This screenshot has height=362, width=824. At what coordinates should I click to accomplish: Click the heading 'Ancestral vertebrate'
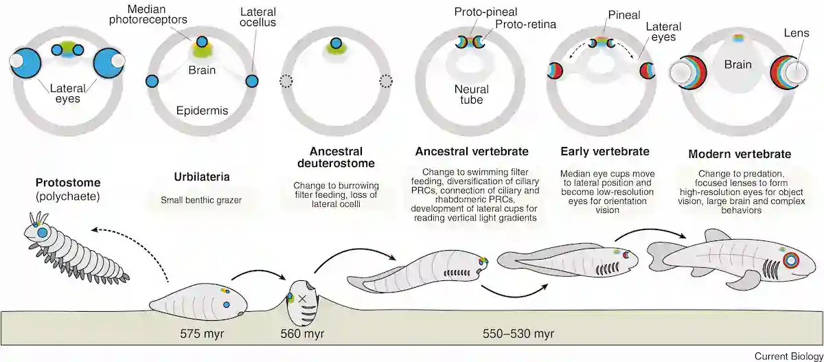coord(472,151)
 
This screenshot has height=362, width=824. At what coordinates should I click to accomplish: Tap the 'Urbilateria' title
coord(202,177)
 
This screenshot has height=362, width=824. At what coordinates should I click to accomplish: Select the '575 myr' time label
coord(202,334)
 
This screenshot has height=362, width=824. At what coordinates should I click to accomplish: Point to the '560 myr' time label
coord(302,334)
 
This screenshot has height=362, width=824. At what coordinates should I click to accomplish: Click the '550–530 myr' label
coord(518,334)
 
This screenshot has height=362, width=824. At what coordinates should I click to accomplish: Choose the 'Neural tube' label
coord(472,95)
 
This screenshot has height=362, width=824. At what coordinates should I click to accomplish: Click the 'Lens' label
coord(797,33)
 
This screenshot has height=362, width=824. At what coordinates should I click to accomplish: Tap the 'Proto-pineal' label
coord(485,12)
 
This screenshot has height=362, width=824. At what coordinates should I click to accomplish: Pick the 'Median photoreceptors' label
coord(148,14)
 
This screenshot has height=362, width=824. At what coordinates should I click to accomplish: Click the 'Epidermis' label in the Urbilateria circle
coord(202,111)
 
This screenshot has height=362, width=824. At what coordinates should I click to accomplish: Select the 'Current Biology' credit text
coord(789,356)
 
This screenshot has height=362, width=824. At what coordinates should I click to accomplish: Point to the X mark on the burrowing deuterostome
coord(302,299)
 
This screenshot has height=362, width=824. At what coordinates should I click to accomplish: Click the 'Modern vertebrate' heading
coord(740,154)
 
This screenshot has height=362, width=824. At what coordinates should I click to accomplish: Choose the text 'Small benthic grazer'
coord(201,200)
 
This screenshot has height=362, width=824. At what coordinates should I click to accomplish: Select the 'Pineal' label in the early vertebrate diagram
coord(624,14)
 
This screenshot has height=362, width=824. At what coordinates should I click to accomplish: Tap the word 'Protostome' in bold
coord(68,183)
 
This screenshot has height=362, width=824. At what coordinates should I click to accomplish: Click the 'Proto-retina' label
coord(526,24)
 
